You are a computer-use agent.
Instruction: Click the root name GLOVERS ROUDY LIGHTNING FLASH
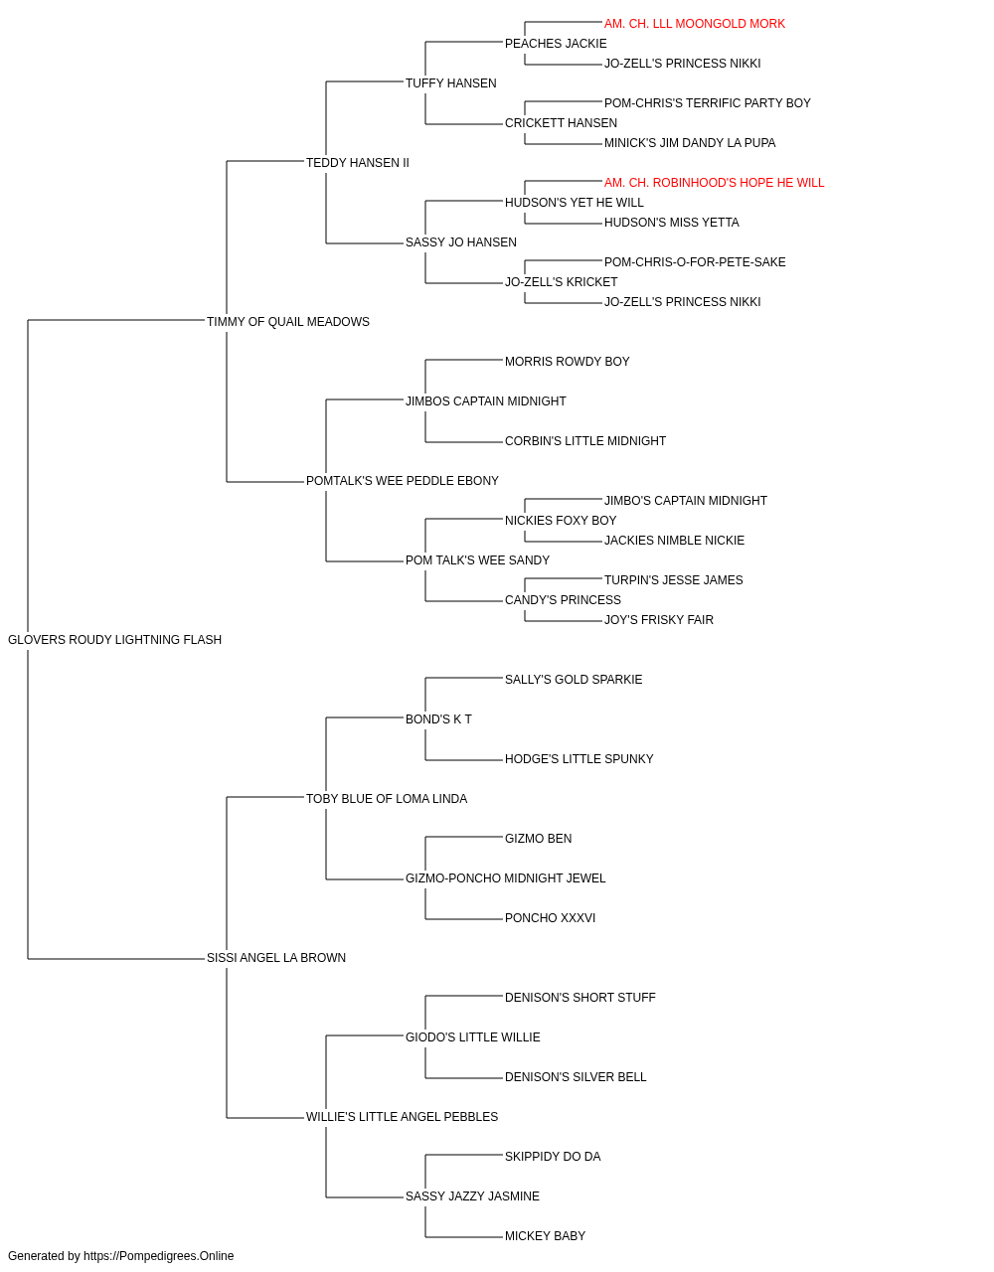(x=114, y=640)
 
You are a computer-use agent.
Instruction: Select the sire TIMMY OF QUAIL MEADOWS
(x=288, y=322)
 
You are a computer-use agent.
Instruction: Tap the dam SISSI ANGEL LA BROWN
(x=276, y=958)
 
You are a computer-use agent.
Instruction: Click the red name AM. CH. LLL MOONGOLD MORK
(x=694, y=24)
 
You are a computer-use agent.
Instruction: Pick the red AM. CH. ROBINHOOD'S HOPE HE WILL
(x=714, y=183)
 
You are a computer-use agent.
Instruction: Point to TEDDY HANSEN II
(x=358, y=163)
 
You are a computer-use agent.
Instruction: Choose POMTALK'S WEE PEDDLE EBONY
(x=403, y=481)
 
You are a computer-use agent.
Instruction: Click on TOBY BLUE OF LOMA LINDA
(x=387, y=799)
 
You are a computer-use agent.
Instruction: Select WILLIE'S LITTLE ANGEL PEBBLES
(x=403, y=1117)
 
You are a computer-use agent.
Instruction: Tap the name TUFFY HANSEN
(x=450, y=83)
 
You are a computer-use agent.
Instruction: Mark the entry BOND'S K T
(x=438, y=719)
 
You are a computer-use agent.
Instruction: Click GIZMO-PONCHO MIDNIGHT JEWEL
(x=506, y=878)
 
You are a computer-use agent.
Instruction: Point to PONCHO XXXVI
(x=551, y=918)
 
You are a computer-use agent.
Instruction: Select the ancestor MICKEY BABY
(x=545, y=1235)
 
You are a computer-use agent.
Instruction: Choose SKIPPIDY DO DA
(x=553, y=1157)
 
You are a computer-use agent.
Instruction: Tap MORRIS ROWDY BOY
(x=568, y=362)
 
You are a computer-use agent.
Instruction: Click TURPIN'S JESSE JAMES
(x=673, y=580)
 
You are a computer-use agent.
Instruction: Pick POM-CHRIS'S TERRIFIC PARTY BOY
(x=707, y=103)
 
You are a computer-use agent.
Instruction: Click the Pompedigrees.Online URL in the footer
(x=159, y=1256)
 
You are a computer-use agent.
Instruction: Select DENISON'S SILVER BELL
(x=576, y=1077)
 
